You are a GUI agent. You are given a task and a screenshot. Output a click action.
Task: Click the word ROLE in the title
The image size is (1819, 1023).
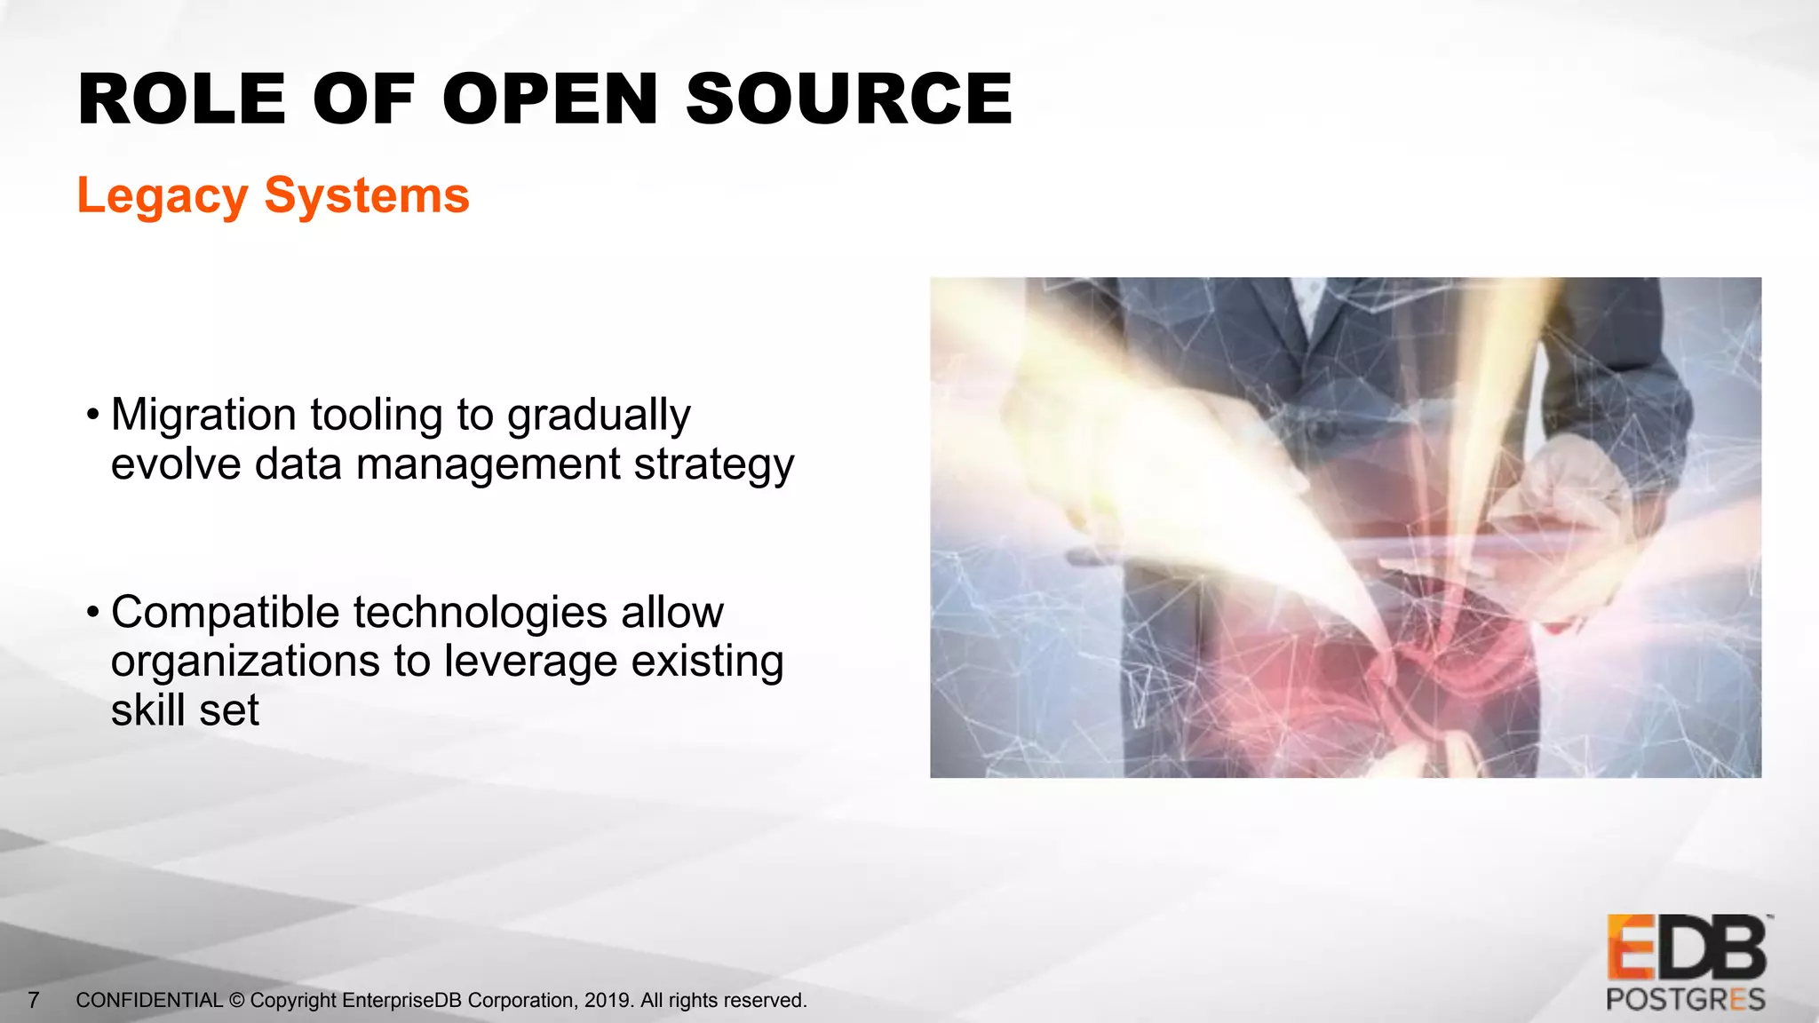182,99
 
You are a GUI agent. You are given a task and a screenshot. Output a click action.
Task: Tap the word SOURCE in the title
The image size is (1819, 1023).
849,99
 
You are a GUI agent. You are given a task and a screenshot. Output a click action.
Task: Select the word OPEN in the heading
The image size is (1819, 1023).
551,99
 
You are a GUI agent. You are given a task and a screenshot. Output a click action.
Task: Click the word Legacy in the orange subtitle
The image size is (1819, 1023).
163,196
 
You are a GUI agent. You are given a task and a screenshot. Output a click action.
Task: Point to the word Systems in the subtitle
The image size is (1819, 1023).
367,195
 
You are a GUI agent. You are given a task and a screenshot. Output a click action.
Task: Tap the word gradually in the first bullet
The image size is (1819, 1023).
599,416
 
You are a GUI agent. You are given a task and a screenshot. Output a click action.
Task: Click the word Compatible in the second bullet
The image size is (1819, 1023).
226,613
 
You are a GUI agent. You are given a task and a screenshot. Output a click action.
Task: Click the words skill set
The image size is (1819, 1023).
185,710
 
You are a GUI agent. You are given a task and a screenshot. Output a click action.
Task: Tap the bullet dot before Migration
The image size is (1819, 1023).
92,415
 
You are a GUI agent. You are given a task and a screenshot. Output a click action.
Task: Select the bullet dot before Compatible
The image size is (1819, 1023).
92,613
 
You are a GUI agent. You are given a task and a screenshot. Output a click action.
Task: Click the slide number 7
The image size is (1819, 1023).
34,1001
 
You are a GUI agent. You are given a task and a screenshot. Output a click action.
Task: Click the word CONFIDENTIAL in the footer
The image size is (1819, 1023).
149,1001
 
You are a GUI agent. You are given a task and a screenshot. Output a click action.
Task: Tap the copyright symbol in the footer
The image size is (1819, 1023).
237,1001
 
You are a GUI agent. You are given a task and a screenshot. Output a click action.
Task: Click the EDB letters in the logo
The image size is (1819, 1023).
1687,948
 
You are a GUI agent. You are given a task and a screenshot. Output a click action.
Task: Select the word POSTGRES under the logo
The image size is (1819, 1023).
1686,1000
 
